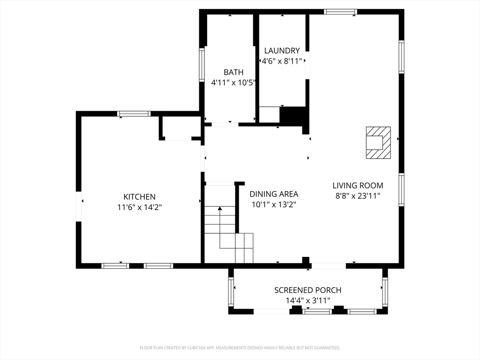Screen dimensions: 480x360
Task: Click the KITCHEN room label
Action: coord(139,196)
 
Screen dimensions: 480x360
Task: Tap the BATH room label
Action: coord(233,72)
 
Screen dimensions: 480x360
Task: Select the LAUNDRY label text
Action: coord(282,51)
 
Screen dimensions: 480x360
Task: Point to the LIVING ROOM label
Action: coord(358,185)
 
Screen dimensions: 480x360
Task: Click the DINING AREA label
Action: coord(274,194)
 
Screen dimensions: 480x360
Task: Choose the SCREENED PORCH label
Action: coord(307,290)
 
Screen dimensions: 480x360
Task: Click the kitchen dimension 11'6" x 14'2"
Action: coord(139,207)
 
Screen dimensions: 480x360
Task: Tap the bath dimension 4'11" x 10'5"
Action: coord(233,82)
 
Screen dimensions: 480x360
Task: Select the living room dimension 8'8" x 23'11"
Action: coord(358,195)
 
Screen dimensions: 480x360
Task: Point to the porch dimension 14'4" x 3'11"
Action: coord(308,300)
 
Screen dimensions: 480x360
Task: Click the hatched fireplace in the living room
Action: coord(379,142)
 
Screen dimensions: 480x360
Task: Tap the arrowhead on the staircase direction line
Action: coord(220,209)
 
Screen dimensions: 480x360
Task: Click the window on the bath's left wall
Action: coord(202,65)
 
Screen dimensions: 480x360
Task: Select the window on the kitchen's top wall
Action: coord(134,114)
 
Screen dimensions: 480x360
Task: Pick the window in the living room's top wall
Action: coord(341,12)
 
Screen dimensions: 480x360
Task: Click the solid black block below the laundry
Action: coord(293,115)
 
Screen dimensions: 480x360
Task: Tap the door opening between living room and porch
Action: coord(329,266)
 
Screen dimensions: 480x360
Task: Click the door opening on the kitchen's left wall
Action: coord(79,206)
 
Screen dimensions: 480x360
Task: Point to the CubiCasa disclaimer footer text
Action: coord(240,348)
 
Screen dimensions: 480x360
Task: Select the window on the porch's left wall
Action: coord(231,292)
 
